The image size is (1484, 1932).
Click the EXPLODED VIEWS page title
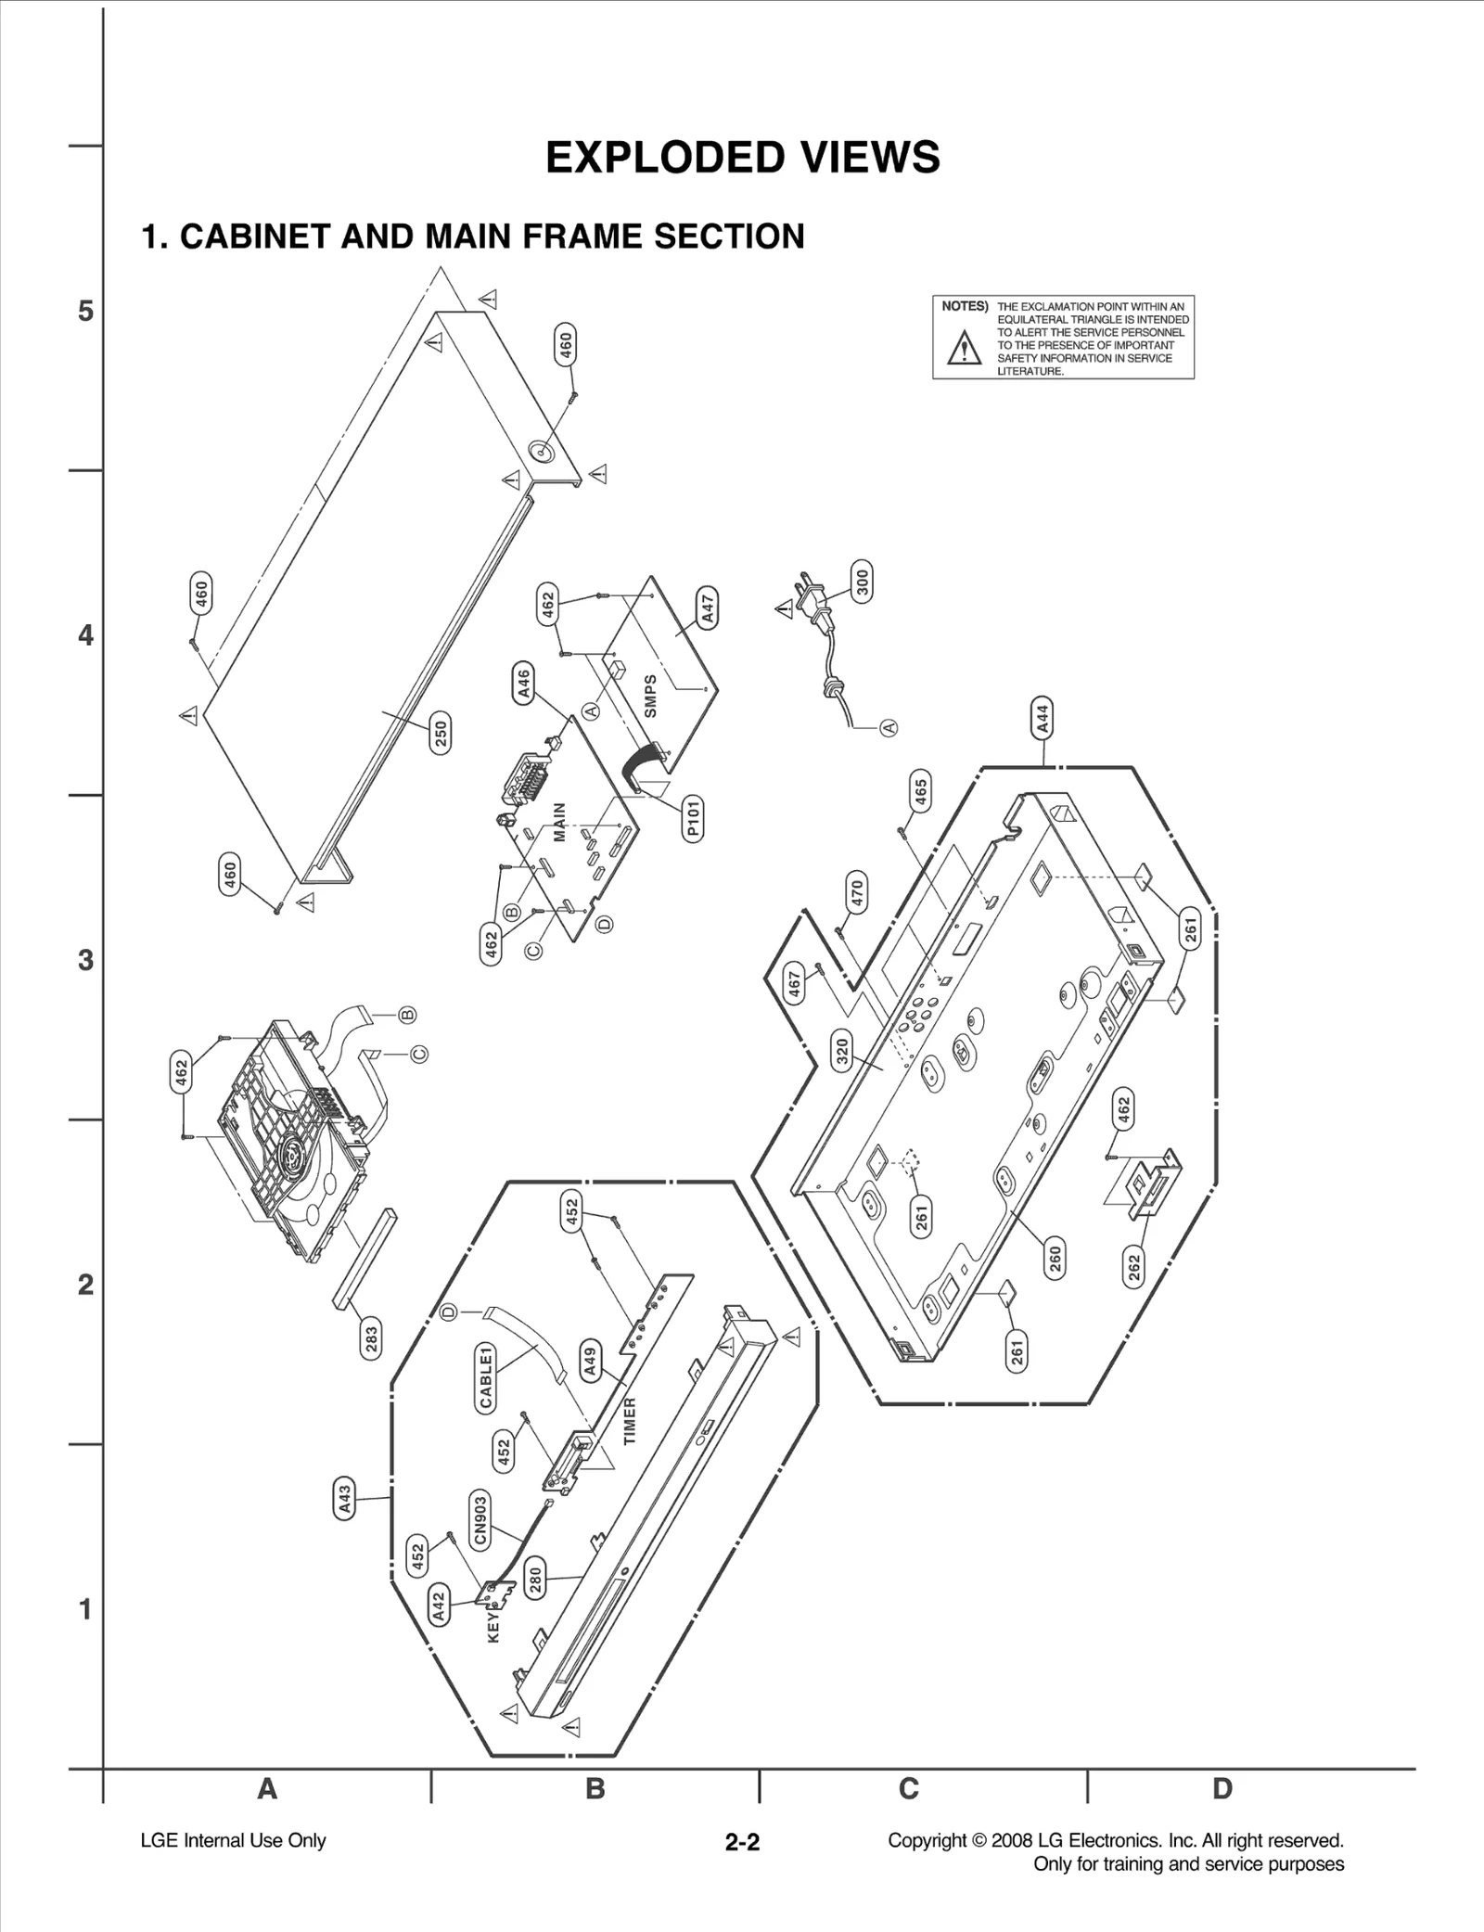[x=742, y=158]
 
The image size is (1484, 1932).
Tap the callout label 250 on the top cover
[x=441, y=733]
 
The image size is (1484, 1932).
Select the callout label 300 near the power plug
[x=863, y=582]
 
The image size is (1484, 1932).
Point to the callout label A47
[x=708, y=608]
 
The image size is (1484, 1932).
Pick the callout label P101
[x=693, y=818]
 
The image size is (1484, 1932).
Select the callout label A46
[x=523, y=685]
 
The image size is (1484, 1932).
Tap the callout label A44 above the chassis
[x=1043, y=719]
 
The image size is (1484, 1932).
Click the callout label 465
[x=920, y=791]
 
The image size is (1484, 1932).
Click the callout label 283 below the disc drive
[x=371, y=1341]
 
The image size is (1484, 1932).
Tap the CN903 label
[x=480, y=1519]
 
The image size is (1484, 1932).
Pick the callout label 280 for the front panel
[x=535, y=1579]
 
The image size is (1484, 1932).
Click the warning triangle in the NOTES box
[x=966, y=350]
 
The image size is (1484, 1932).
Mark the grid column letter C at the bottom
[x=909, y=1789]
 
